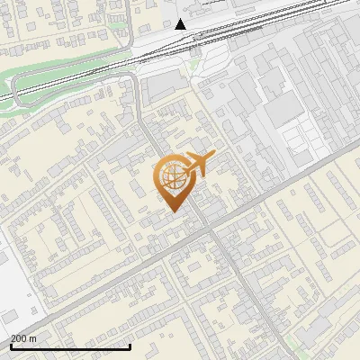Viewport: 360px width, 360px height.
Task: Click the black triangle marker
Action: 181,23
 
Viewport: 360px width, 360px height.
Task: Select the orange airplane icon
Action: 197,164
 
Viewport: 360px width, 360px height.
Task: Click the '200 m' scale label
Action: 24,338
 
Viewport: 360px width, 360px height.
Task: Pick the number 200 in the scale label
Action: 20,338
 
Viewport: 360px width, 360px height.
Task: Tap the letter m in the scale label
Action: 34,338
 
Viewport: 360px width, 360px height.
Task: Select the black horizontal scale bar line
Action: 70,346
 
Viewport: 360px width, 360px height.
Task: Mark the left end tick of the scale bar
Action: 11,345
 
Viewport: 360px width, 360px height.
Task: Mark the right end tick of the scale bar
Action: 130,345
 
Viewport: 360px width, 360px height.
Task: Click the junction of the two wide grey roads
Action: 213,230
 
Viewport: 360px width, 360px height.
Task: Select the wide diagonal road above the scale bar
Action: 108,286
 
